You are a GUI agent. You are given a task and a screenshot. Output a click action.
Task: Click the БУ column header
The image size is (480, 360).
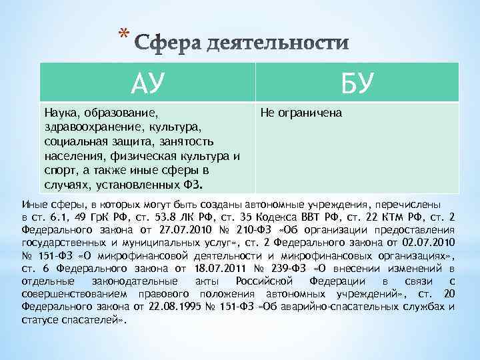pos(357,83)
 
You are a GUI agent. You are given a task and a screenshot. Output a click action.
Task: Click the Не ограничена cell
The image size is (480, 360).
pos(301,113)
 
